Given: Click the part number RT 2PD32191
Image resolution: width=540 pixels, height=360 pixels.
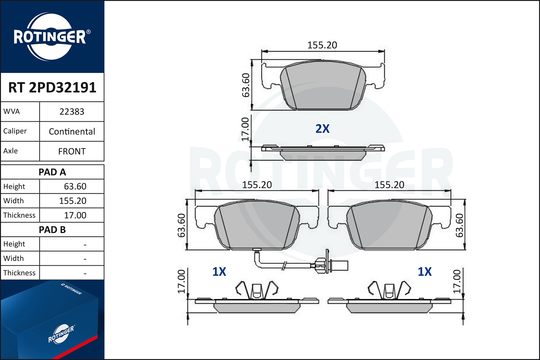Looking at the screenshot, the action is click(52, 87).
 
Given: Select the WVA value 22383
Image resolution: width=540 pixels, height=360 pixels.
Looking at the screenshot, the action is click(72, 112).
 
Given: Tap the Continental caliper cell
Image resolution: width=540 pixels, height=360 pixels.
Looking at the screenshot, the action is click(72, 131).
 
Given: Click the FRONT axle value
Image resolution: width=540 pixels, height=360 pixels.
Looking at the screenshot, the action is click(72, 151).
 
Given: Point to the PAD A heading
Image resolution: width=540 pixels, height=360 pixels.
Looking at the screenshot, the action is click(52, 172).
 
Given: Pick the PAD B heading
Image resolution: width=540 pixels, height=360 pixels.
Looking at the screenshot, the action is click(52, 230).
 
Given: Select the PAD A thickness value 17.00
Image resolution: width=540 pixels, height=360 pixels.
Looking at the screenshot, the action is click(75, 215).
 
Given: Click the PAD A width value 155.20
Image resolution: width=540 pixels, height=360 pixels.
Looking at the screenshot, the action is click(73, 201).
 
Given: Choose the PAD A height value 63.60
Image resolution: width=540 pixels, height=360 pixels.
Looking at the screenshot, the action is click(75, 186).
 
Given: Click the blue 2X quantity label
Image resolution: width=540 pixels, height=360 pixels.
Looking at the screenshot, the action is click(322, 129).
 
